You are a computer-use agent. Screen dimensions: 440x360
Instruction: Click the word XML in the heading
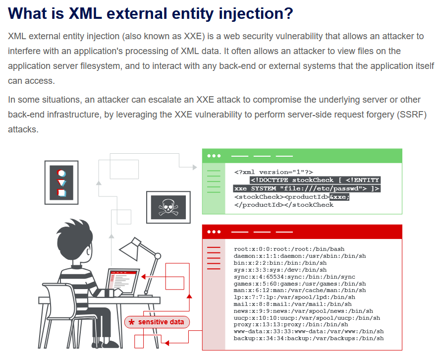point(85,13)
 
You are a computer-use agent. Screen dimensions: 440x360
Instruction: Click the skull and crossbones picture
point(168,207)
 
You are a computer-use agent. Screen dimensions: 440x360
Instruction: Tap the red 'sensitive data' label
point(157,322)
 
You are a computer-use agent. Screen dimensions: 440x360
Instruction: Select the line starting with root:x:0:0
point(289,249)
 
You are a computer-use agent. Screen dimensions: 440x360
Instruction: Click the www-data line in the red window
point(309,331)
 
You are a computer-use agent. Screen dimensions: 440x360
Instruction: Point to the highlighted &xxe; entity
point(339,197)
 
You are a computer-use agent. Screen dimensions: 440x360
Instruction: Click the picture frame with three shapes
point(61,182)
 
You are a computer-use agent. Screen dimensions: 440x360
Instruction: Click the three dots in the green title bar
point(214,156)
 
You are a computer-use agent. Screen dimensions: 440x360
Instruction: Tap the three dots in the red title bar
point(214,232)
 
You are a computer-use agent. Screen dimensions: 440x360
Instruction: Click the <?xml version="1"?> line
point(274,172)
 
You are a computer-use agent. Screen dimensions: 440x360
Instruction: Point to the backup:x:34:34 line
point(309,338)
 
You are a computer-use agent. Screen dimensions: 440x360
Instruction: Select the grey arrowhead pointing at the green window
point(195,168)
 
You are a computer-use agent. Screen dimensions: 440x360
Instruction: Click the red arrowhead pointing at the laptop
point(143,277)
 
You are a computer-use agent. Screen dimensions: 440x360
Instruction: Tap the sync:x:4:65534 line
point(294,277)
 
